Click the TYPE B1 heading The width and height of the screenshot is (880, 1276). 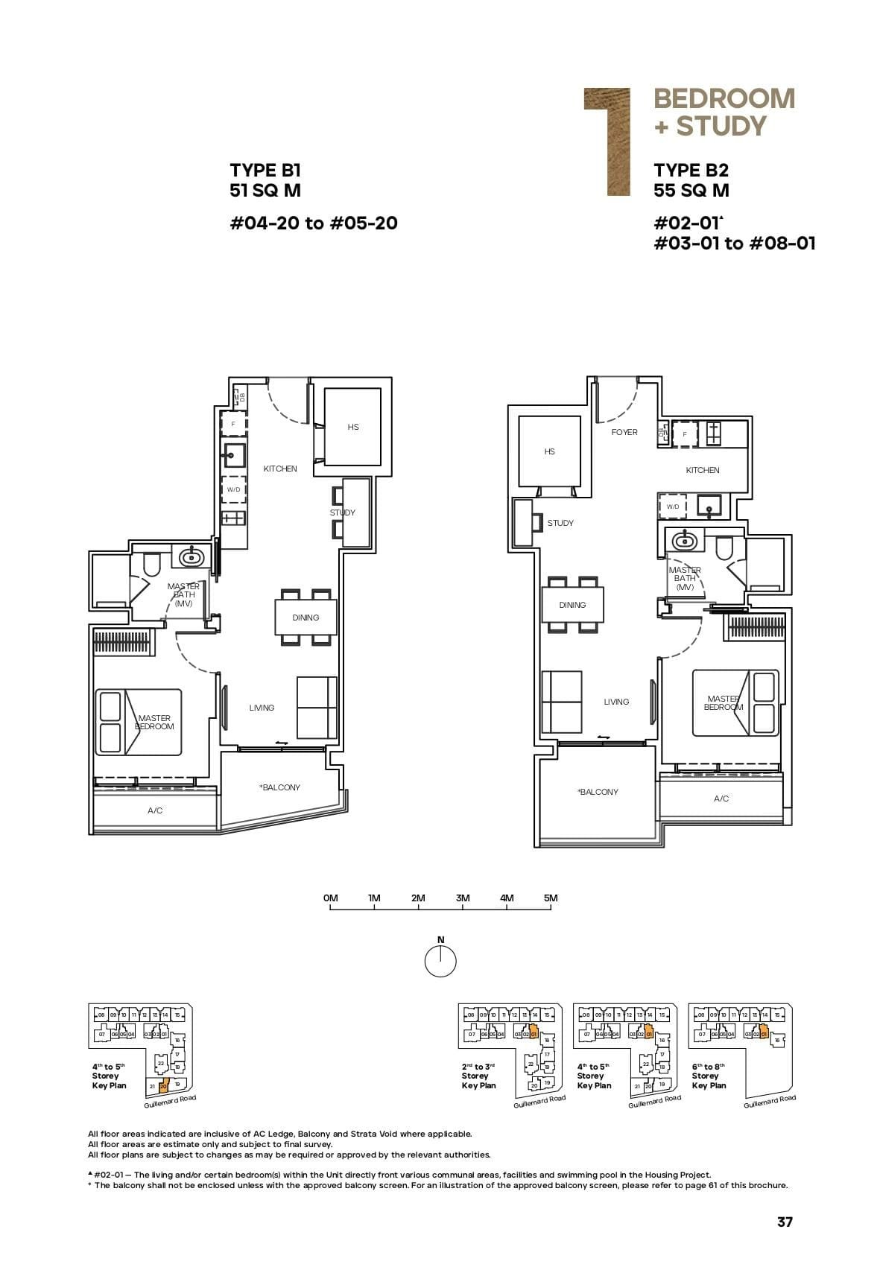tap(265, 171)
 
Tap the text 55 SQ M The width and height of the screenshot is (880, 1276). tap(691, 191)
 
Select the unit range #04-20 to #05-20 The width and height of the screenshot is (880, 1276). tap(313, 223)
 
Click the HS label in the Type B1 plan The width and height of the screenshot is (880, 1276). tap(353, 427)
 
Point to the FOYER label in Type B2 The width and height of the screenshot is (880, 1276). tap(624, 432)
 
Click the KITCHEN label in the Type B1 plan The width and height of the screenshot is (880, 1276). tap(280, 469)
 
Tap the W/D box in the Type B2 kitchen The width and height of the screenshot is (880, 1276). tap(673, 507)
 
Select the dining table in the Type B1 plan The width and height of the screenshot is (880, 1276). tap(306, 618)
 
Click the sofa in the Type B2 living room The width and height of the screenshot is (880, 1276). tap(562, 702)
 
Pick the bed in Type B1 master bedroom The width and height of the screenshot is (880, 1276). tap(139, 722)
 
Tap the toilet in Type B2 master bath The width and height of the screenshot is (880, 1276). tap(724, 548)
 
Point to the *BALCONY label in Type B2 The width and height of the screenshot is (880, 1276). tap(598, 792)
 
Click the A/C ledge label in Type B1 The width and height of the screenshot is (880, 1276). tap(155, 810)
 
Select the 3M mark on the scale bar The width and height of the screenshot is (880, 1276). tap(463, 898)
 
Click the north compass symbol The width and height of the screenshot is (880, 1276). tap(440, 961)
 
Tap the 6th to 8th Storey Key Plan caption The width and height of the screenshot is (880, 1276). tap(708, 1076)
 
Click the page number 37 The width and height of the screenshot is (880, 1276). tap(785, 1222)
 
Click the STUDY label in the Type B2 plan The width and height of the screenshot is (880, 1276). tap(560, 523)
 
